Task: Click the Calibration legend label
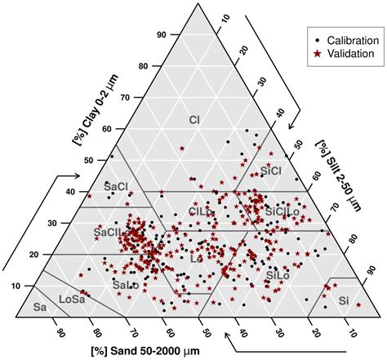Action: [x=349, y=38]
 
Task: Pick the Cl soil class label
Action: [x=194, y=120]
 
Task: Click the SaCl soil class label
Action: [x=117, y=187]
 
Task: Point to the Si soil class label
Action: [x=344, y=300]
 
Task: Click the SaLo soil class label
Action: [x=123, y=285]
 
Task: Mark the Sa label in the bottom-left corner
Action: [x=38, y=308]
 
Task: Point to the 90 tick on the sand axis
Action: [x=60, y=332]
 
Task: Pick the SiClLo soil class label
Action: [x=282, y=211]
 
